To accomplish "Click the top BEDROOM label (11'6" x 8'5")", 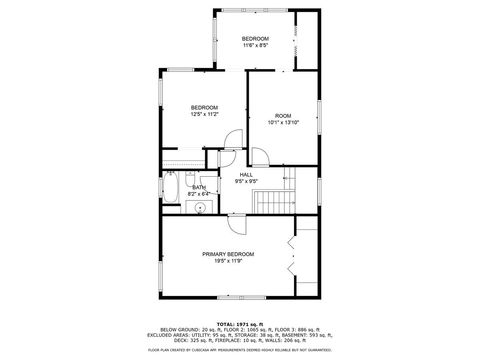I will click(x=255, y=38).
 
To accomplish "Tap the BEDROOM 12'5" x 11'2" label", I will click(x=205, y=107).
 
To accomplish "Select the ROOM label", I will click(x=283, y=115).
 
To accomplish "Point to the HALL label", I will click(x=245, y=175).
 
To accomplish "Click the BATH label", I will click(x=199, y=187).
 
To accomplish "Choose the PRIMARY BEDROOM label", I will click(x=228, y=254).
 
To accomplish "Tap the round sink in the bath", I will click(x=199, y=208).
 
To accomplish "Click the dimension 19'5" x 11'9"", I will click(x=228, y=262).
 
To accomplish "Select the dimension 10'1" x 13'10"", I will click(x=283, y=123).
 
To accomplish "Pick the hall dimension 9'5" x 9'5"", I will click(x=245, y=182).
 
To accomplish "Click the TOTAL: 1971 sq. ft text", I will click(x=240, y=322).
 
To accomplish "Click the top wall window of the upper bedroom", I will click(x=255, y=10).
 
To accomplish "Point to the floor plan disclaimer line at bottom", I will click(x=240, y=349).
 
